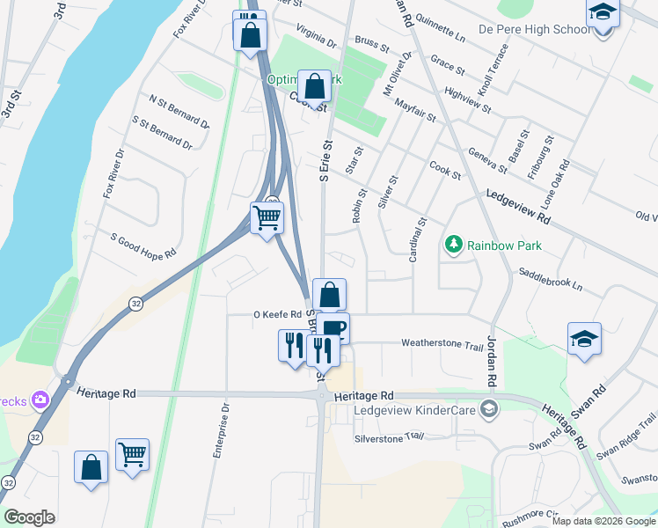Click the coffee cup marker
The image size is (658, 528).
pyautogui.click(x=333, y=329)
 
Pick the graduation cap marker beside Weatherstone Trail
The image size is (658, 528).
pyautogui.click(x=584, y=339)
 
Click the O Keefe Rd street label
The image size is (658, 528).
pyautogui.click(x=277, y=314)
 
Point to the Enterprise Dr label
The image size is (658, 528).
pyautogui.click(x=221, y=431)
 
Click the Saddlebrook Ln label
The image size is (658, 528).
pyautogui.click(x=551, y=279)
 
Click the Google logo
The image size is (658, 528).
pyautogui.click(x=29, y=517)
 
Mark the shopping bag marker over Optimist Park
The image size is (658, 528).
pyautogui.click(x=314, y=86)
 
